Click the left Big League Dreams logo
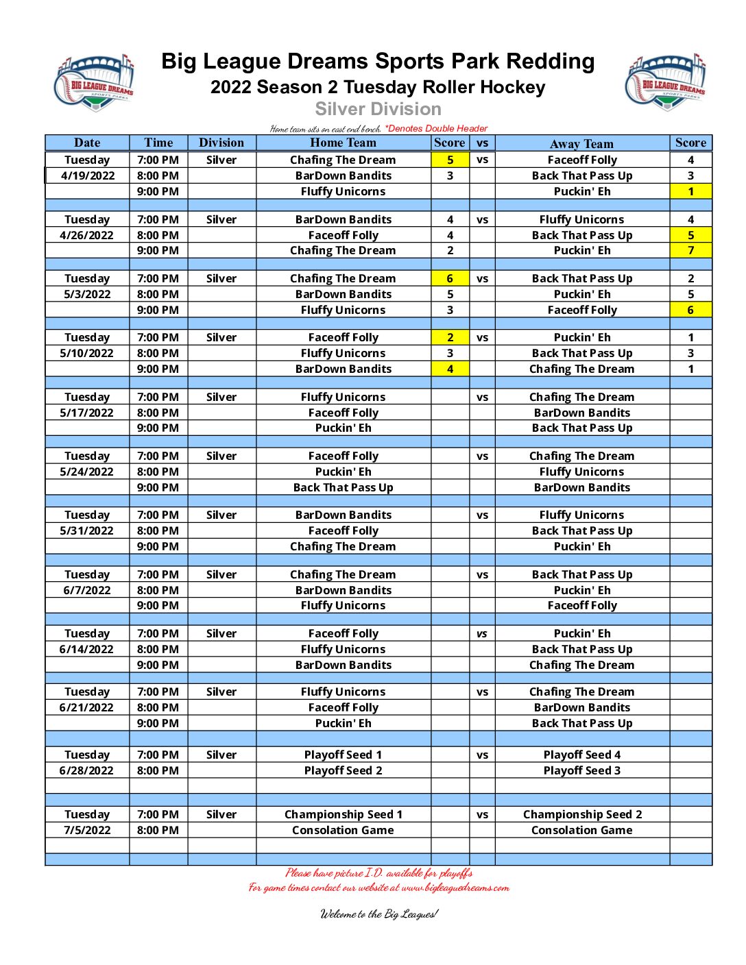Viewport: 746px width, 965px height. [94, 82]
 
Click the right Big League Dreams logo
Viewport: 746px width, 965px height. [665, 82]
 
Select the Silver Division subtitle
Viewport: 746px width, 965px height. [378, 109]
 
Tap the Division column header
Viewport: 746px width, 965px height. [221, 143]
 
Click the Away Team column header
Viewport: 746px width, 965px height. [581, 143]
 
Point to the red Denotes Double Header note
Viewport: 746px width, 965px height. [436, 128]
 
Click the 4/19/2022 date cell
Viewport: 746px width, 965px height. [88, 175]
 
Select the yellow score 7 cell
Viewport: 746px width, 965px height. [690, 250]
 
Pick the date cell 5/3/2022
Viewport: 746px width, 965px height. [87, 294]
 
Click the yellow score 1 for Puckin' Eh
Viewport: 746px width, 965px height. [690, 191]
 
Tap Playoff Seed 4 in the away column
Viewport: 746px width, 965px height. [581, 755]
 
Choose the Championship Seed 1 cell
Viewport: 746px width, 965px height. [343, 814]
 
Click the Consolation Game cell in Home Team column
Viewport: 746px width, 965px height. [343, 830]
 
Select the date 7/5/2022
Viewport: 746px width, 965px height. [87, 830]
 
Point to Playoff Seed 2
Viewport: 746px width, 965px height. [343, 770]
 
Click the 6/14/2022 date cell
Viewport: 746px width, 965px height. [87, 649]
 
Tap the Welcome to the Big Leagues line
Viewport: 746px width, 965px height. [378, 914]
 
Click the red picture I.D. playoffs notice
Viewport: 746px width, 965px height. [378, 873]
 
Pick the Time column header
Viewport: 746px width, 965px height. [158, 143]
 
